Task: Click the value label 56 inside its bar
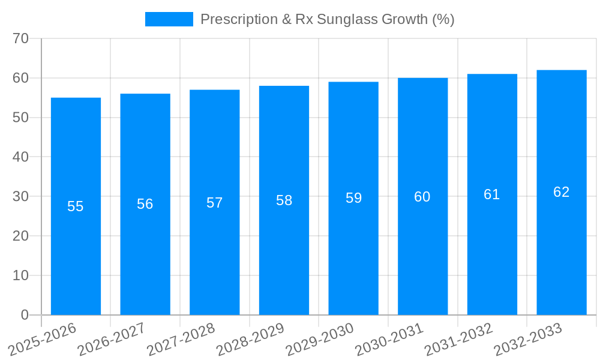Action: tap(145, 204)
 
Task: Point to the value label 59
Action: tap(353, 198)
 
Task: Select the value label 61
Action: tap(492, 194)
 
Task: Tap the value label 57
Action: tap(215, 203)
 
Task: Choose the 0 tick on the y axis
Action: tap(25, 315)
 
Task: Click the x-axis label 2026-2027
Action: tap(112, 338)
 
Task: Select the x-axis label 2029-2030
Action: tap(320, 338)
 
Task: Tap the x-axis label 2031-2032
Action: tap(459, 338)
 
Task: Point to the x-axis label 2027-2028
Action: tap(181, 338)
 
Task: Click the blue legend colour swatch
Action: tap(169, 19)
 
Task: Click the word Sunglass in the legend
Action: tap(352, 19)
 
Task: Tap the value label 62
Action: tap(561, 192)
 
